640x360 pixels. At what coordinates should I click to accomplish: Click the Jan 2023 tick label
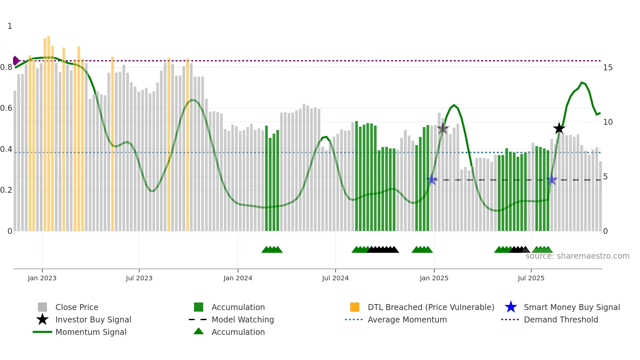pyautogui.click(x=42, y=278)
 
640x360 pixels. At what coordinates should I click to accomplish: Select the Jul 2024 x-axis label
pyautogui.click(x=335, y=278)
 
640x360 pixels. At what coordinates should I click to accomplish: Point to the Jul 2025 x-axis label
pyautogui.click(x=531, y=278)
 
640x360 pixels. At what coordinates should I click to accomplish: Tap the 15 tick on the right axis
pyautogui.click(x=608, y=68)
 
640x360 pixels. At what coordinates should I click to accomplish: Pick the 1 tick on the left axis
pyautogui.click(x=10, y=26)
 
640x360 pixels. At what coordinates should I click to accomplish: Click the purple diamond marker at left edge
pyautogui.click(x=16, y=61)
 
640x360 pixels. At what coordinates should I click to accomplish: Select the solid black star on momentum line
pyautogui.click(x=559, y=128)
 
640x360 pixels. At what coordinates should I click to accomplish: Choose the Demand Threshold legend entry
pyautogui.click(x=561, y=319)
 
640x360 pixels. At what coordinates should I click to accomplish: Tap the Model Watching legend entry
pyautogui.click(x=243, y=319)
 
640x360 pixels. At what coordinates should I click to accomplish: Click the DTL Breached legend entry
pyautogui.click(x=431, y=307)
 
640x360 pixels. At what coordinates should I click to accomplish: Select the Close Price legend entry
pyautogui.click(x=77, y=307)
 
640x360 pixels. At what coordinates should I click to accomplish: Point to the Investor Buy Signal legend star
pyautogui.click(x=42, y=319)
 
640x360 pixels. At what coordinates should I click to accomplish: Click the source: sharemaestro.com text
pyautogui.click(x=577, y=256)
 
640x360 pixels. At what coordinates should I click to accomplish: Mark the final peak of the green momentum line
pyautogui.click(x=582, y=82)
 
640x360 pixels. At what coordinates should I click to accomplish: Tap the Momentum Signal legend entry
pyautogui.click(x=91, y=332)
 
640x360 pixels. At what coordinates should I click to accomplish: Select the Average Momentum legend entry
pyautogui.click(x=407, y=319)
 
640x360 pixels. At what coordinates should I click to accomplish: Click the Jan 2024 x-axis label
pyautogui.click(x=238, y=278)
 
